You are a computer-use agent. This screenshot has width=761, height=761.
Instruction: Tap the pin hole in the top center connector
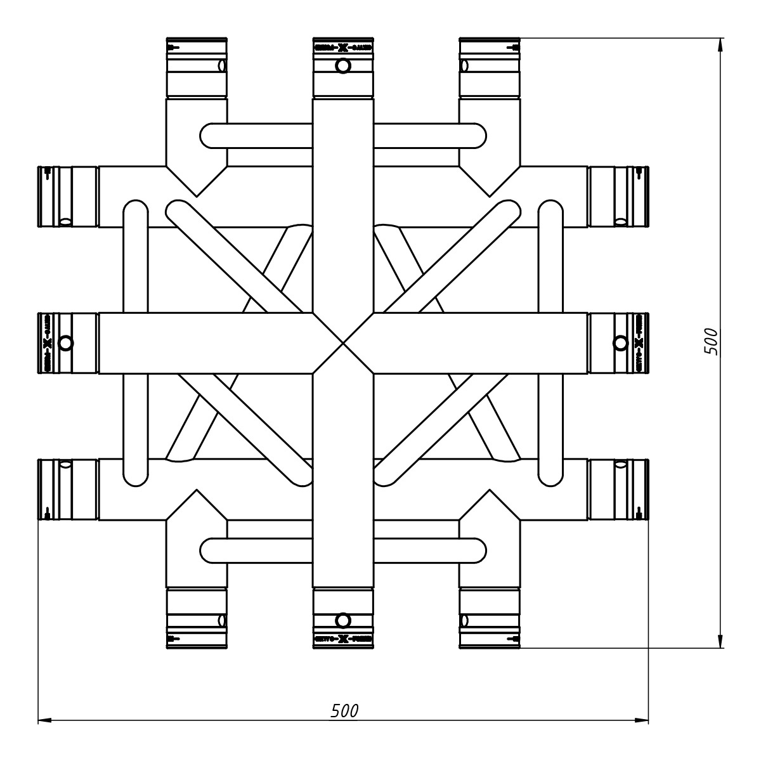[x=342, y=65]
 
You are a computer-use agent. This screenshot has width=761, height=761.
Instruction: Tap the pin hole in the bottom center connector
[x=342, y=620]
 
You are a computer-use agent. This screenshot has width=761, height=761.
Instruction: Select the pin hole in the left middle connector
[x=65, y=343]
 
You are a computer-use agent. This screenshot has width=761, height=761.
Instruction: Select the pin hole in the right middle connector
[x=620, y=343]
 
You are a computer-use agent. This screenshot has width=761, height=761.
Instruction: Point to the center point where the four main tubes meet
[x=343, y=343]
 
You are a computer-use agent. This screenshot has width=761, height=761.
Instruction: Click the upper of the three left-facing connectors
[x=68, y=197]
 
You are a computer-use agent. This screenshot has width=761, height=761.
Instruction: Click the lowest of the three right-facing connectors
[x=619, y=490]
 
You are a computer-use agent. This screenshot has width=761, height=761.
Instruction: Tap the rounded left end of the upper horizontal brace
[x=212, y=135]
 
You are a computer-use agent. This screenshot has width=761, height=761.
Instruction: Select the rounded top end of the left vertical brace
[x=135, y=212]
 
